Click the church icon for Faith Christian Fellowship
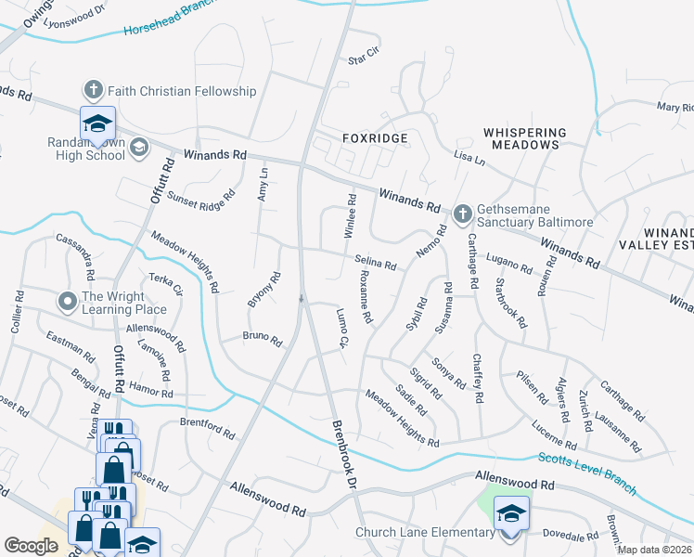pos(93,90)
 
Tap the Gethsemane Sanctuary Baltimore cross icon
pos(463,215)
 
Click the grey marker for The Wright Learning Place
pos(67,303)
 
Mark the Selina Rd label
pos(375,263)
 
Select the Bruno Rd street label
pos(262,340)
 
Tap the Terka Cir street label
pos(166,284)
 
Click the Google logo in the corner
pos(31,546)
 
